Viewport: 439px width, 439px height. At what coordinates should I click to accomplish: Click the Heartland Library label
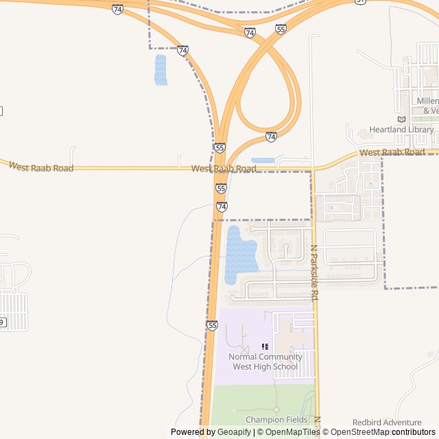(x=401, y=130)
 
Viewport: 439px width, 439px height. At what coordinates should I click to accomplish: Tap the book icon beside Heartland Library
(x=401, y=119)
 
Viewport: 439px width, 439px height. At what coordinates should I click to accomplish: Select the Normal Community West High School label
(x=265, y=361)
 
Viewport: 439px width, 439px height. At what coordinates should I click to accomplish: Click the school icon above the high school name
(x=265, y=346)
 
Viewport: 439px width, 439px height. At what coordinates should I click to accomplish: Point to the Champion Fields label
(x=276, y=420)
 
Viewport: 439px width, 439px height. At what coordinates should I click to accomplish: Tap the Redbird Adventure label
(x=387, y=423)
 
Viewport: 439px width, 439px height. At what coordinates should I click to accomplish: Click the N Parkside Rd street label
(x=314, y=274)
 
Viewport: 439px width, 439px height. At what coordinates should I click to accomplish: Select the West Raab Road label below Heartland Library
(x=392, y=152)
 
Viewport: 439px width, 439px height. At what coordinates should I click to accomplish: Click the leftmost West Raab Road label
(x=40, y=167)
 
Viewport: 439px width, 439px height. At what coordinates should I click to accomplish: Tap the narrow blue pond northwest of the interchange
(x=161, y=70)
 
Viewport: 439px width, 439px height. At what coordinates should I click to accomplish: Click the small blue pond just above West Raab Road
(x=263, y=161)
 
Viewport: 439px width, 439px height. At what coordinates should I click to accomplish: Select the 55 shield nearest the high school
(x=212, y=325)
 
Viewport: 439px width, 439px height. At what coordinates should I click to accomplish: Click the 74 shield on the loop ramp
(x=272, y=137)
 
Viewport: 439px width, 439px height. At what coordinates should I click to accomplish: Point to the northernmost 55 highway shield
(x=281, y=29)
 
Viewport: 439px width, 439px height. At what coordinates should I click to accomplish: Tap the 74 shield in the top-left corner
(x=118, y=10)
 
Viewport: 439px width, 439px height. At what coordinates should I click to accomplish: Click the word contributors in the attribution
(x=414, y=432)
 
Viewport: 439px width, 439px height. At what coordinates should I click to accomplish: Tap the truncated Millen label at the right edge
(x=427, y=101)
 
